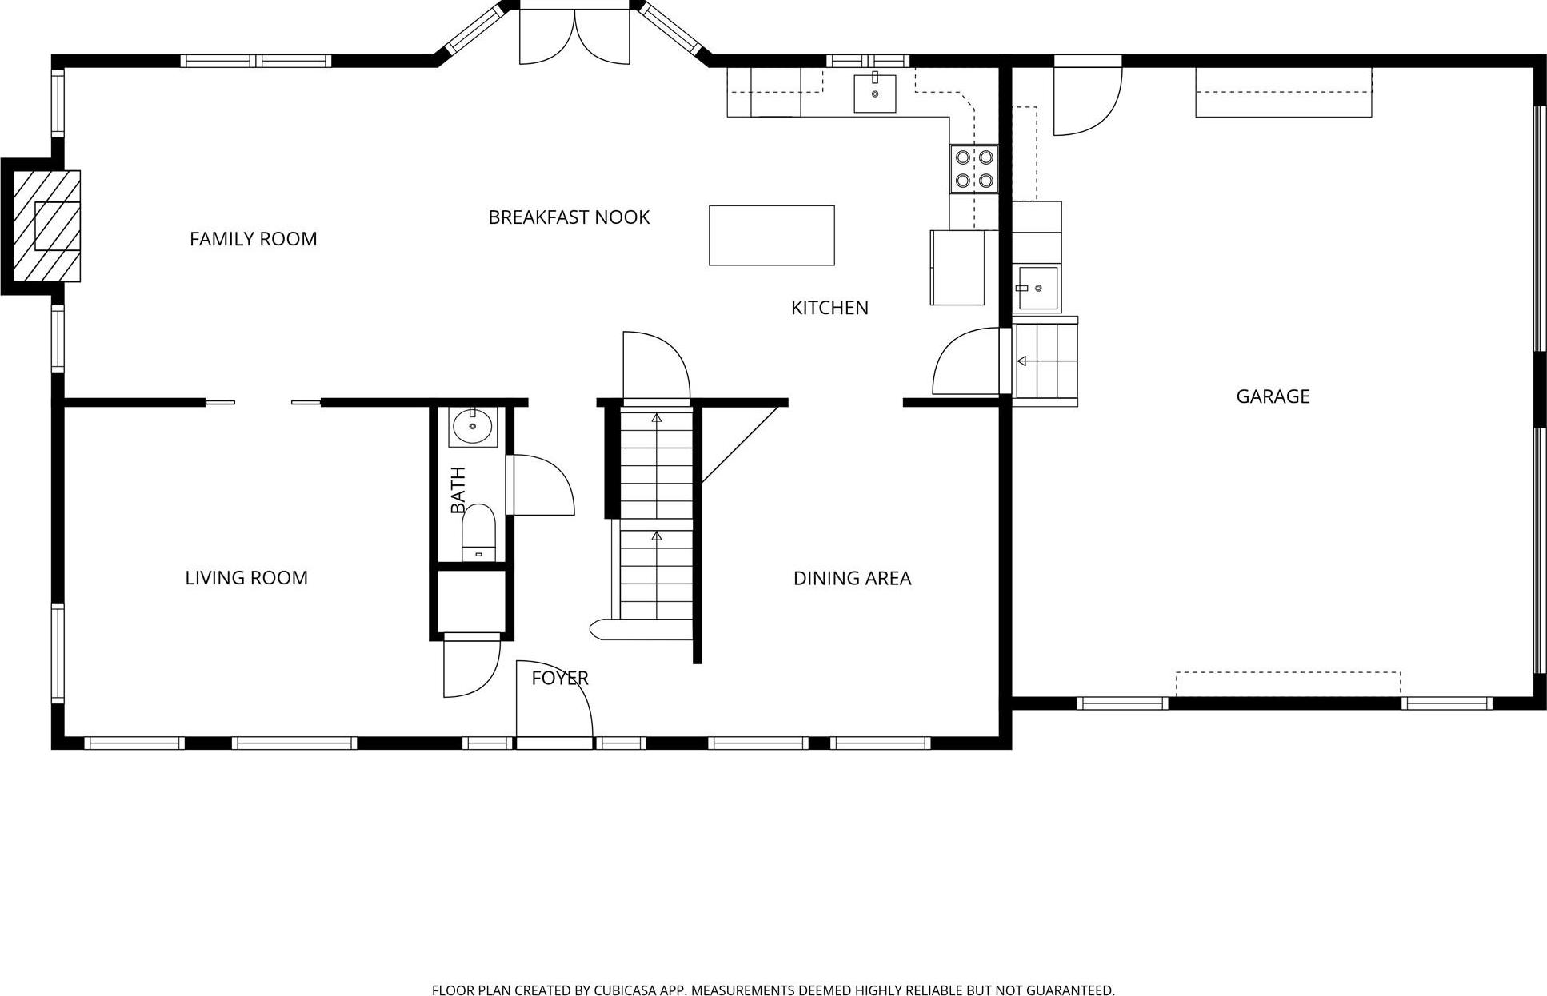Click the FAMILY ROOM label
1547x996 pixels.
[253, 239]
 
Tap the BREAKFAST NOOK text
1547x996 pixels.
[569, 217]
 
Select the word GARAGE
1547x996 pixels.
[1273, 396]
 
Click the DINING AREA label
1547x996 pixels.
[852, 578]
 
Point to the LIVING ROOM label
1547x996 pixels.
[246, 578]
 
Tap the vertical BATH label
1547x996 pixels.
[458, 490]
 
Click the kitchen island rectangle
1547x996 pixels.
[771, 235]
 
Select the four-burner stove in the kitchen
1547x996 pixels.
[974, 169]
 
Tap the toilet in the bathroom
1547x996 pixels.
[478, 531]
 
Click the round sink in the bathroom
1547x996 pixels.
[473, 426]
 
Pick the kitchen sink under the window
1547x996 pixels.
[874, 93]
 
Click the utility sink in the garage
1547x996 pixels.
[1037, 289]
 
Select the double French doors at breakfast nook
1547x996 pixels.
[574, 36]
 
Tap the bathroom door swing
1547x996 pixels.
[540, 485]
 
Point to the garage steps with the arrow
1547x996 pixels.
[1046, 361]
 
